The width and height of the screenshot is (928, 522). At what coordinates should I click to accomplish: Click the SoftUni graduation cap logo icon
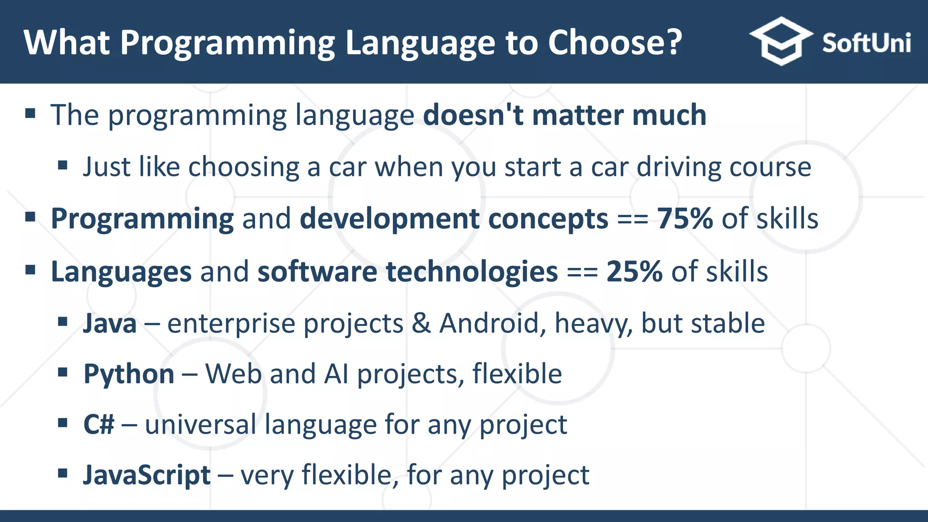coord(780,41)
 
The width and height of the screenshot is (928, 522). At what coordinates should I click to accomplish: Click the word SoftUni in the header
coord(866,43)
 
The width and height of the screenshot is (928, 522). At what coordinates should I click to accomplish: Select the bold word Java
coord(110,324)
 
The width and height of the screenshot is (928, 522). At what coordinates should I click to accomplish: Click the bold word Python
coord(129,374)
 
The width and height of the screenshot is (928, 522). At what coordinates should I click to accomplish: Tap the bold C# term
coord(98,425)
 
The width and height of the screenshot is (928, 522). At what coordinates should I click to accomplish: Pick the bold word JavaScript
coord(147,475)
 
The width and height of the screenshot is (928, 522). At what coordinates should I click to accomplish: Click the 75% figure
coord(685,218)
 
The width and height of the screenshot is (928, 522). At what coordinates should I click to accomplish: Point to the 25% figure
coord(634,271)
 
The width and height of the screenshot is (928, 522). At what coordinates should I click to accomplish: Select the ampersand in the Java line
coord(421,324)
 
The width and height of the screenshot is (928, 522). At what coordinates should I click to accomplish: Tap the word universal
coord(200,425)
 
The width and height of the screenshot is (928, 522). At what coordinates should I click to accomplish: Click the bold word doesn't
coord(473,115)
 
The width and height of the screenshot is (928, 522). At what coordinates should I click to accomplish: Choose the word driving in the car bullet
coord(678,167)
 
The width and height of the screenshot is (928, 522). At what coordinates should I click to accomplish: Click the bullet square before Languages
coord(30,271)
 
